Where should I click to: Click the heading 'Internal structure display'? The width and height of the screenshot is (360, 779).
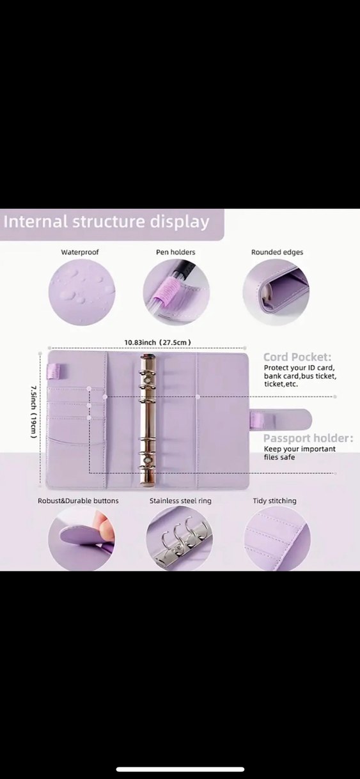click(106, 222)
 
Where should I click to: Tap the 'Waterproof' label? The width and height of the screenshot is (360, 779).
click(80, 252)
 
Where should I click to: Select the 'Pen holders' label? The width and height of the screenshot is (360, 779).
click(176, 252)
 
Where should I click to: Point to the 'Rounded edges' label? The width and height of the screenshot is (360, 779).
click(278, 252)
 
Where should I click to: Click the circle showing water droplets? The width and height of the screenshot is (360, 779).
click(82, 292)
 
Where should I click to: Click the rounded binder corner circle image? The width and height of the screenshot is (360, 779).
click(276, 292)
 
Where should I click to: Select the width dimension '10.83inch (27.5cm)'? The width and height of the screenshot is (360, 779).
click(158, 343)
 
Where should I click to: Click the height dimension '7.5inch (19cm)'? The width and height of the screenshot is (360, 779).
click(33, 412)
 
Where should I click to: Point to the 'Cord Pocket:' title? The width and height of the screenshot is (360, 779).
click(297, 357)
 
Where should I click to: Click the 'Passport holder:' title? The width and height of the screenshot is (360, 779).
click(308, 438)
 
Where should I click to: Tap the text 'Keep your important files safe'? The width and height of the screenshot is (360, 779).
click(299, 453)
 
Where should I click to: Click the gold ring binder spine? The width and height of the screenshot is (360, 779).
click(148, 419)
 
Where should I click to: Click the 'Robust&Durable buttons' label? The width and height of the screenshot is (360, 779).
click(78, 501)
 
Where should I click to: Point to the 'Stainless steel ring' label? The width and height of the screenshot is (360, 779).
click(180, 501)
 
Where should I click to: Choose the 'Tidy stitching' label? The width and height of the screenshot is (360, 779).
click(275, 501)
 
